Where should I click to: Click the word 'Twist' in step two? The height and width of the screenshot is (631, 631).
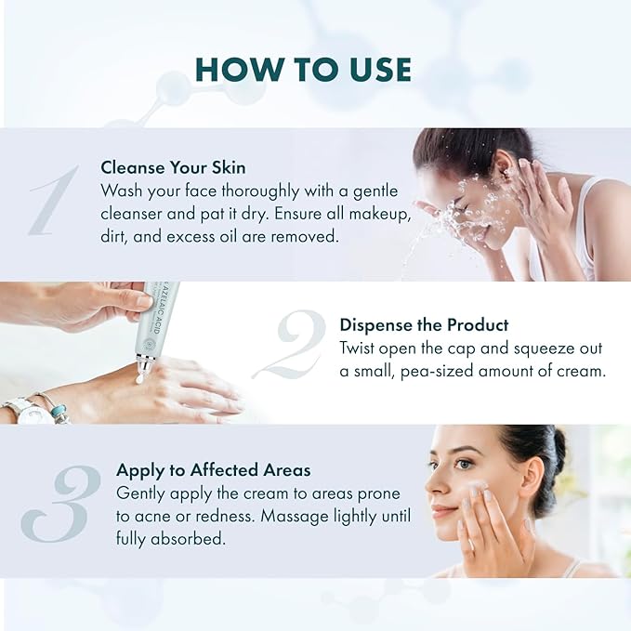[360, 348]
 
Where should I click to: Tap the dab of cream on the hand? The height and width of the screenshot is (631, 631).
[140, 377]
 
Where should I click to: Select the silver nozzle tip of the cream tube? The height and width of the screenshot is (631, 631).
[144, 362]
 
